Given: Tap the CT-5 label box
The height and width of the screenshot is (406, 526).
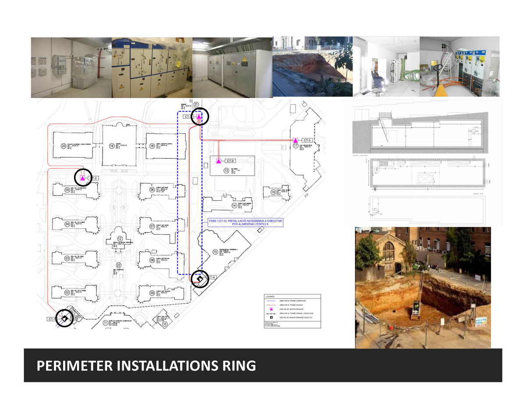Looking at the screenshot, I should click(307, 140).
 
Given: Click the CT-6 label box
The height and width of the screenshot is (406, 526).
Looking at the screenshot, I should click(230, 161).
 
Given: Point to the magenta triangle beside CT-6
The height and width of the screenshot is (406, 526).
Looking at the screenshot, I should click(218, 161).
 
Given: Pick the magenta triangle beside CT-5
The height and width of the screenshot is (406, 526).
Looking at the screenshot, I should click(295, 140).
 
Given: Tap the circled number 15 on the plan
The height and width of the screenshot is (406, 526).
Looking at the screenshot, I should click(215, 252).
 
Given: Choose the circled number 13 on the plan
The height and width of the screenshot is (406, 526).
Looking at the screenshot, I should click(226, 171).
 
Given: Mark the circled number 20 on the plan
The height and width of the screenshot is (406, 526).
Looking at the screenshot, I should click(64, 146).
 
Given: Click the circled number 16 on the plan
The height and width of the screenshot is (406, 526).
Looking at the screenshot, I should click(272, 192).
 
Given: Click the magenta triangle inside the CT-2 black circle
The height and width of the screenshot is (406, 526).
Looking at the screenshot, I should click(82, 178).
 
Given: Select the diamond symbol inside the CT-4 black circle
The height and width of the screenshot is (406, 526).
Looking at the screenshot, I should click(200, 279).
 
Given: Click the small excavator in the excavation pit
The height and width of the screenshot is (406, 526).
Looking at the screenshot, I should click(414, 312).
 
